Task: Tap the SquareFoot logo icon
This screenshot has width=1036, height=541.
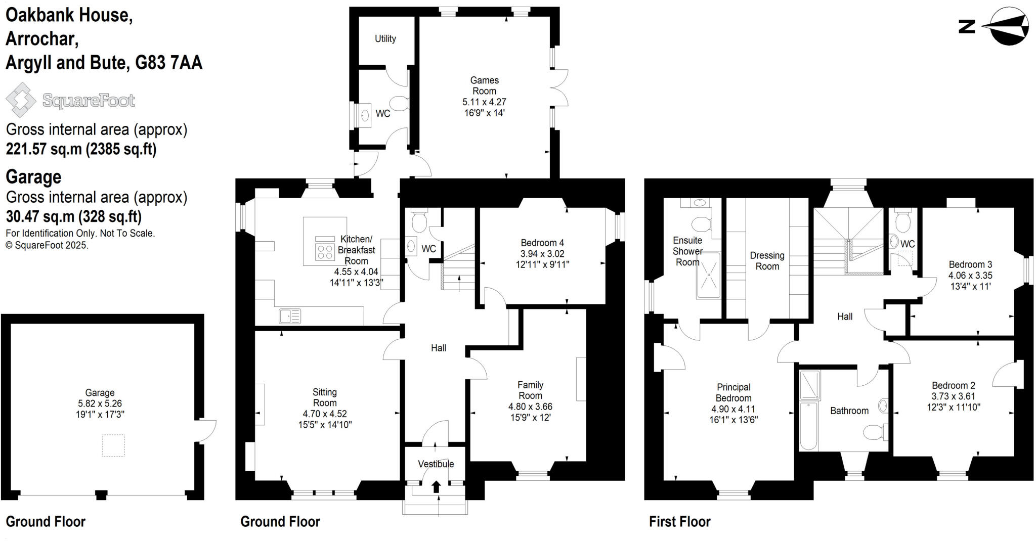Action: pyautogui.click(x=21, y=100)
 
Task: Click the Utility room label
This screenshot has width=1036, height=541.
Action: pyautogui.click(x=385, y=39)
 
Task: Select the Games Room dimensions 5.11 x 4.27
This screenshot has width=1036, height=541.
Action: pyautogui.click(x=484, y=102)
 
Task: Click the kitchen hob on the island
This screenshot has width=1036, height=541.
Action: pyautogui.click(x=324, y=251)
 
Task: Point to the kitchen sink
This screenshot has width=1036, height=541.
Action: pyautogui.click(x=289, y=317)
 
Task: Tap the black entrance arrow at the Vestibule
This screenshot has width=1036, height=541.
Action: pyautogui.click(x=436, y=486)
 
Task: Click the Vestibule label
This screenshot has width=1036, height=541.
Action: pyautogui.click(x=436, y=464)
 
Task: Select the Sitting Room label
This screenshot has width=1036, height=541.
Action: pyautogui.click(x=324, y=397)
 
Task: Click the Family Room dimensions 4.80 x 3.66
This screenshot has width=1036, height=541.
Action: pyautogui.click(x=530, y=407)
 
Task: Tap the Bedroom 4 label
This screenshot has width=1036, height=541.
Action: pyautogui.click(x=542, y=243)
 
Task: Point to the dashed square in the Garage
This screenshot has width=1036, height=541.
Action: pyautogui.click(x=113, y=445)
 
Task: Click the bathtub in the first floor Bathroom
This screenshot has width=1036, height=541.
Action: pyautogui.click(x=808, y=426)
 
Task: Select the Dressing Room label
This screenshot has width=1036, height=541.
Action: pyautogui.click(x=767, y=261)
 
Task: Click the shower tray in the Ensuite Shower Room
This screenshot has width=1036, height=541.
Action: pyautogui.click(x=708, y=276)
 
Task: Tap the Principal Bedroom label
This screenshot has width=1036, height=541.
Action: pyautogui.click(x=733, y=392)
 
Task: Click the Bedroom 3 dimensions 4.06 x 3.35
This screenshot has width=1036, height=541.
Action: pyautogui.click(x=970, y=276)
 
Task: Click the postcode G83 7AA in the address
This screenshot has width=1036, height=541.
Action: pyautogui.click(x=168, y=62)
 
